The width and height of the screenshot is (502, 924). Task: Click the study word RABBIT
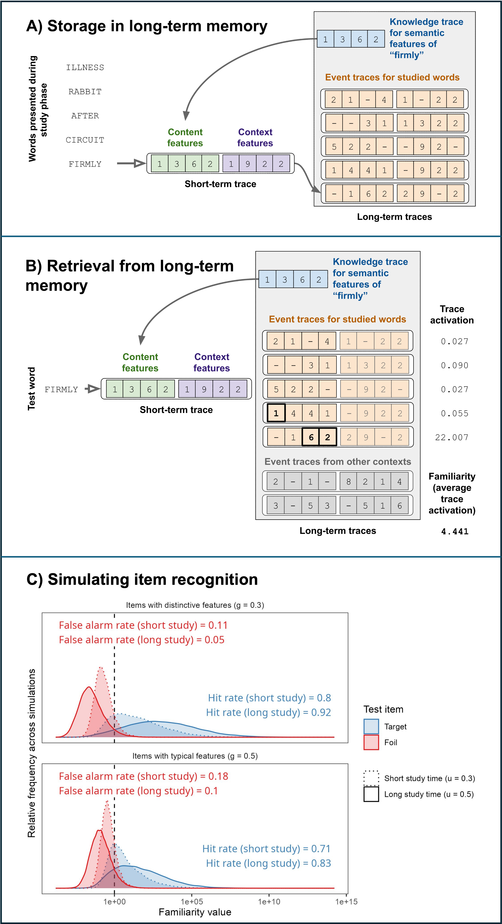click(x=85, y=92)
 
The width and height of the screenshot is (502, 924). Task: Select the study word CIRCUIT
click(x=85, y=140)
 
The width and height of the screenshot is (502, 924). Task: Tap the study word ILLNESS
click(x=85, y=67)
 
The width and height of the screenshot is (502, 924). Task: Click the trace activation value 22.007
click(x=452, y=437)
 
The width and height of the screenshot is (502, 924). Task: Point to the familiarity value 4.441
click(x=455, y=531)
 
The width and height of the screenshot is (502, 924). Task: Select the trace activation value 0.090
click(x=455, y=365)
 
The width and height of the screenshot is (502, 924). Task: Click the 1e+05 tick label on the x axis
click(x=192, y=901)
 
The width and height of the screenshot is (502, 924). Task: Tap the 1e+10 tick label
click(x=269, y=901)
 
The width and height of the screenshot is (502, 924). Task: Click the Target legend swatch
click(x=371, y=726)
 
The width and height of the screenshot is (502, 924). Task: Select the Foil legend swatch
click(x=371, y=742)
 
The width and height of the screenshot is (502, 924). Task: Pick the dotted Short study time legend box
click(x=371, y=778)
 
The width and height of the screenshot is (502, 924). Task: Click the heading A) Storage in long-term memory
click(x=147, y=26)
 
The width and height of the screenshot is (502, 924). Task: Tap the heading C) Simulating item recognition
click(x=142, y=579)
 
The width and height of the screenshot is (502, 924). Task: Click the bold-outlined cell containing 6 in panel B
click(x=311, y=437)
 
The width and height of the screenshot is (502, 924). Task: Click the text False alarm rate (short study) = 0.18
click(x=144, y=776)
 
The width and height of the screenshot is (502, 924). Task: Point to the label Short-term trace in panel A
click(x=220, y=184)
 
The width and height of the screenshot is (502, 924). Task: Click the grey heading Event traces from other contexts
click(x=338, y=462)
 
